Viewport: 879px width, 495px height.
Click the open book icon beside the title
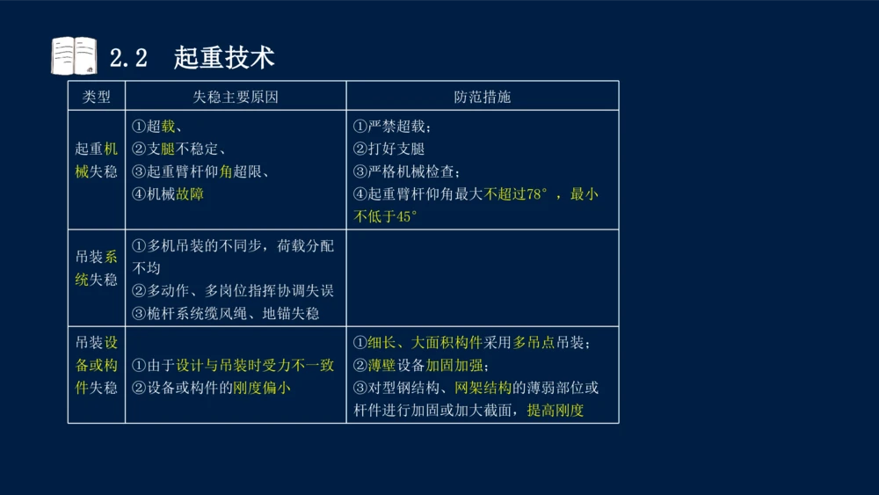pos(74,56)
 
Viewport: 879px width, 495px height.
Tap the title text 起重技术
pos(224,57)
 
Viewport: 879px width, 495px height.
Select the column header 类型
pos(97,97)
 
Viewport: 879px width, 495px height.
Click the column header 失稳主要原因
pos(236,97)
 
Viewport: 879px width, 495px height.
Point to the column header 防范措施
pos(482,97)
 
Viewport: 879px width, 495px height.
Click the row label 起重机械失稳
pos(96,160)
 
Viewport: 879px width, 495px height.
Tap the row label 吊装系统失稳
pos(96,268)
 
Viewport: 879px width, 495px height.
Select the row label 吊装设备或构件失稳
pos(96,365)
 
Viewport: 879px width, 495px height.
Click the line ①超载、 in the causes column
pos(157,127)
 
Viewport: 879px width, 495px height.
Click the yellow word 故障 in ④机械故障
pos(190,194)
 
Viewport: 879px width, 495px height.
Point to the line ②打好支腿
pos(389,149)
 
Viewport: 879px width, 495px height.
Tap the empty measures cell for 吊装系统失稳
pos(482,278)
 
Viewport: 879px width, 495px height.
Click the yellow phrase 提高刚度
pos(556,410)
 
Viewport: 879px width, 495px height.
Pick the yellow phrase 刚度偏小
pos(262,388)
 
